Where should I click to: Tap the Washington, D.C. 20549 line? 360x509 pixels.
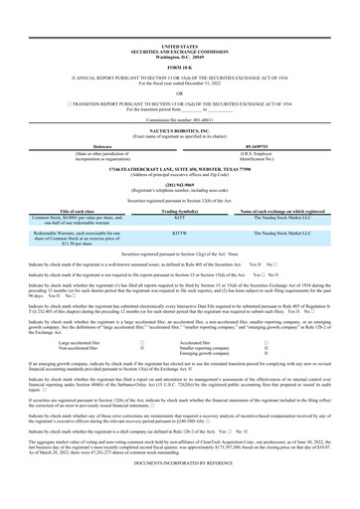point(179,28)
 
